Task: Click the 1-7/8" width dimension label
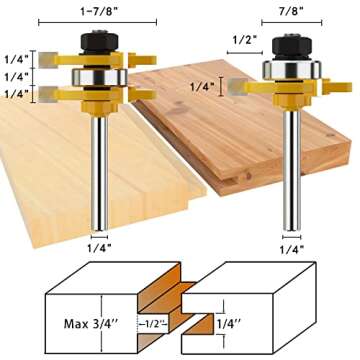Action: click(97, 12)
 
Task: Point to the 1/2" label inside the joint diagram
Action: click(152, 324)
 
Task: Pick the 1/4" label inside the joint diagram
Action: click(237, 323)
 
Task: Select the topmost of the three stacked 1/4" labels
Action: click(15, 57)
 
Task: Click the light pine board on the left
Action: click(50, 170)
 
